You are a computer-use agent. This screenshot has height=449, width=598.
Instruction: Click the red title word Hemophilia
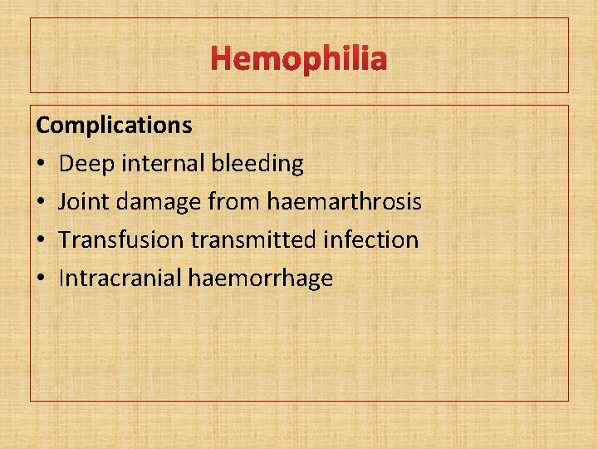pos(299,60)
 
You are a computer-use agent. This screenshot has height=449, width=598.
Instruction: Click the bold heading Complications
pos(114,126)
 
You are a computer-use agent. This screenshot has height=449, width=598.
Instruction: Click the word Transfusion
pos(122,240)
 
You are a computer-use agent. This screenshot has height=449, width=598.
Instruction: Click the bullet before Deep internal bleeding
pos(41,165)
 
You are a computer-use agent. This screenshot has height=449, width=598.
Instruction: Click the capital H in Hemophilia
pos(222,60)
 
